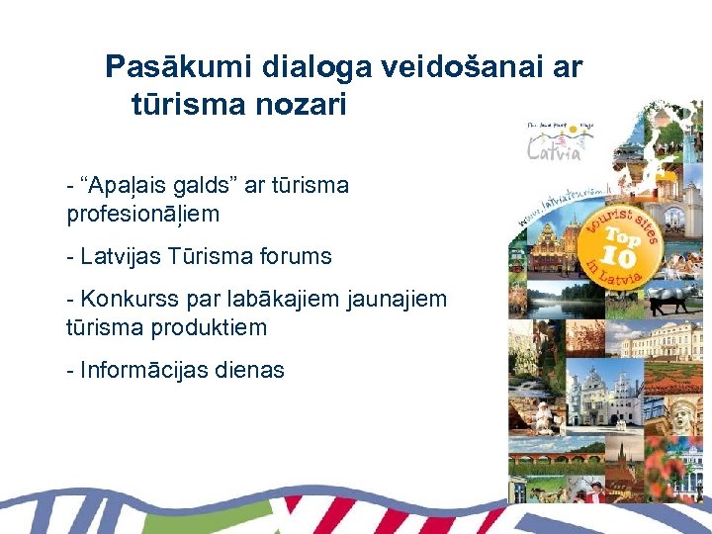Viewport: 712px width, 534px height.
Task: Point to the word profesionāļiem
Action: [142, 214]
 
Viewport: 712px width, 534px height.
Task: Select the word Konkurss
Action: [124, 299]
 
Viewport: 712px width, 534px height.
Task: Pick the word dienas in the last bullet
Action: [252, 370]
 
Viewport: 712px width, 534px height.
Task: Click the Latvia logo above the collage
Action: [555, 143]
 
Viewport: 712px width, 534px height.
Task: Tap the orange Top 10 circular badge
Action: [616, 243]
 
